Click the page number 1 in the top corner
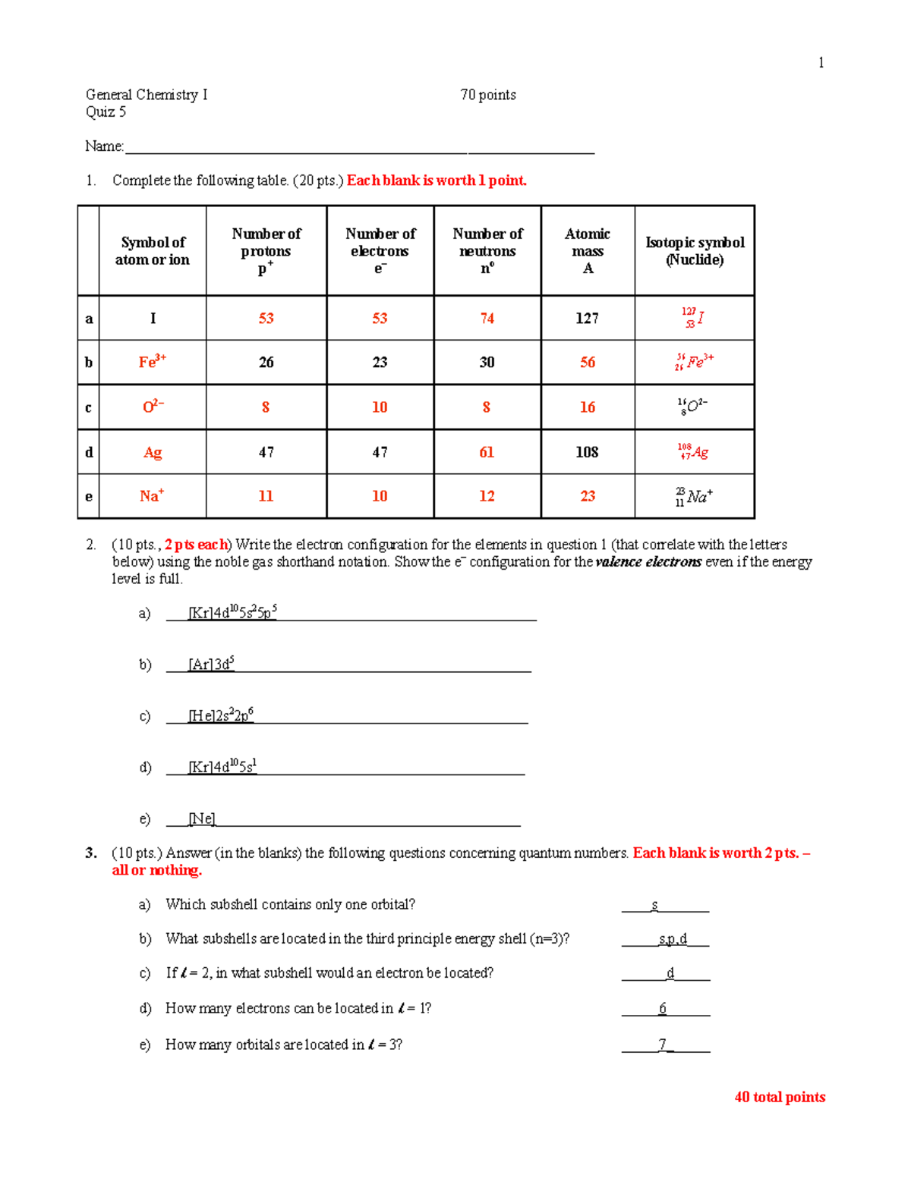[x=821, y=63]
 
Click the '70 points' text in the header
[x=487, y=95]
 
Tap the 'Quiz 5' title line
[x=106, y=112]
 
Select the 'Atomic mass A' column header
[x=588, y=250]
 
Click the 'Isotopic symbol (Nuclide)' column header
[x=695, y=250]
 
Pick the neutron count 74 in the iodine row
[x=487, y=319]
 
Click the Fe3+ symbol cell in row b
[x=152, y=362]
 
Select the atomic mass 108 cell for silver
[x=587, y=452]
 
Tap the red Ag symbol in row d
[x=153, y=453]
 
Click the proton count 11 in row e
[x=266, y=496]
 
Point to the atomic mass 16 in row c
[x=588, y=407]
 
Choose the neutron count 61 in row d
[x=487, y=453]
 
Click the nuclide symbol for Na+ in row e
[x=694, y=497]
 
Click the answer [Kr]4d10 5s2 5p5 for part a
[x=232, y=612]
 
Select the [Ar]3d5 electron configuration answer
[x=211, y=664]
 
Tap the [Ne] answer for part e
[x=202, y=819]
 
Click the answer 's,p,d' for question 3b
[x=673, y=939]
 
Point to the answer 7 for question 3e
[x=663, y=1044]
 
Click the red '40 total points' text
[x=780, y=1097]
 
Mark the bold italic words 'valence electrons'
[x=648, y=562]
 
